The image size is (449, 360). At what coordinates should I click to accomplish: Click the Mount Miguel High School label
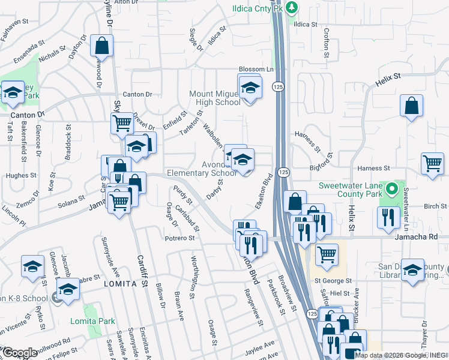click(x=215, y=98)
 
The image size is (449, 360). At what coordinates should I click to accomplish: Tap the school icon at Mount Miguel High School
click(x=250, y=89)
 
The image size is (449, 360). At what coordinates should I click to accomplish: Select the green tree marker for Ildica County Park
click(x=292, y=7)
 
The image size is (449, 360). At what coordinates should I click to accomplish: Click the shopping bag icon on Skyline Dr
click(x=103, y=45)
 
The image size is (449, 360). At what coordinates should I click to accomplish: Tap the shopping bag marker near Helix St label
click(x=412, y=107)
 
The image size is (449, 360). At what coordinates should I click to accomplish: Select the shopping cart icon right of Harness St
click(x=432, y=163)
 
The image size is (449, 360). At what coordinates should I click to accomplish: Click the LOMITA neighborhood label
click(x=116, y=283)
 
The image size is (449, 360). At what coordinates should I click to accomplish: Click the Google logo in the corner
click(x=20, y=353)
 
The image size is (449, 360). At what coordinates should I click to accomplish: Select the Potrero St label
click(x=180, y=238)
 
